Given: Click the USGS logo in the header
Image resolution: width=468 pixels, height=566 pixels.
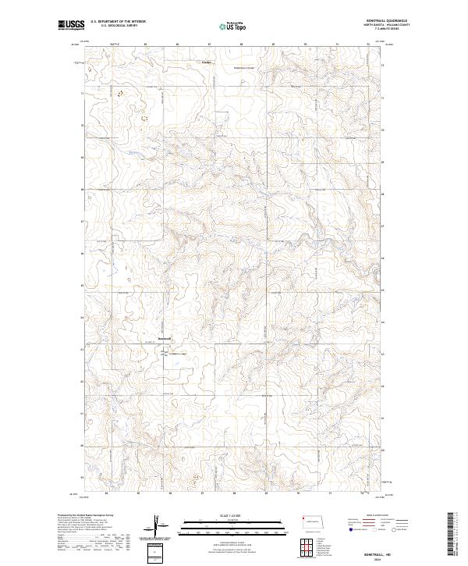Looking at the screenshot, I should coord(71,25).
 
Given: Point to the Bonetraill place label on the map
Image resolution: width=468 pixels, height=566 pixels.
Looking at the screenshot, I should coord(164,338).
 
